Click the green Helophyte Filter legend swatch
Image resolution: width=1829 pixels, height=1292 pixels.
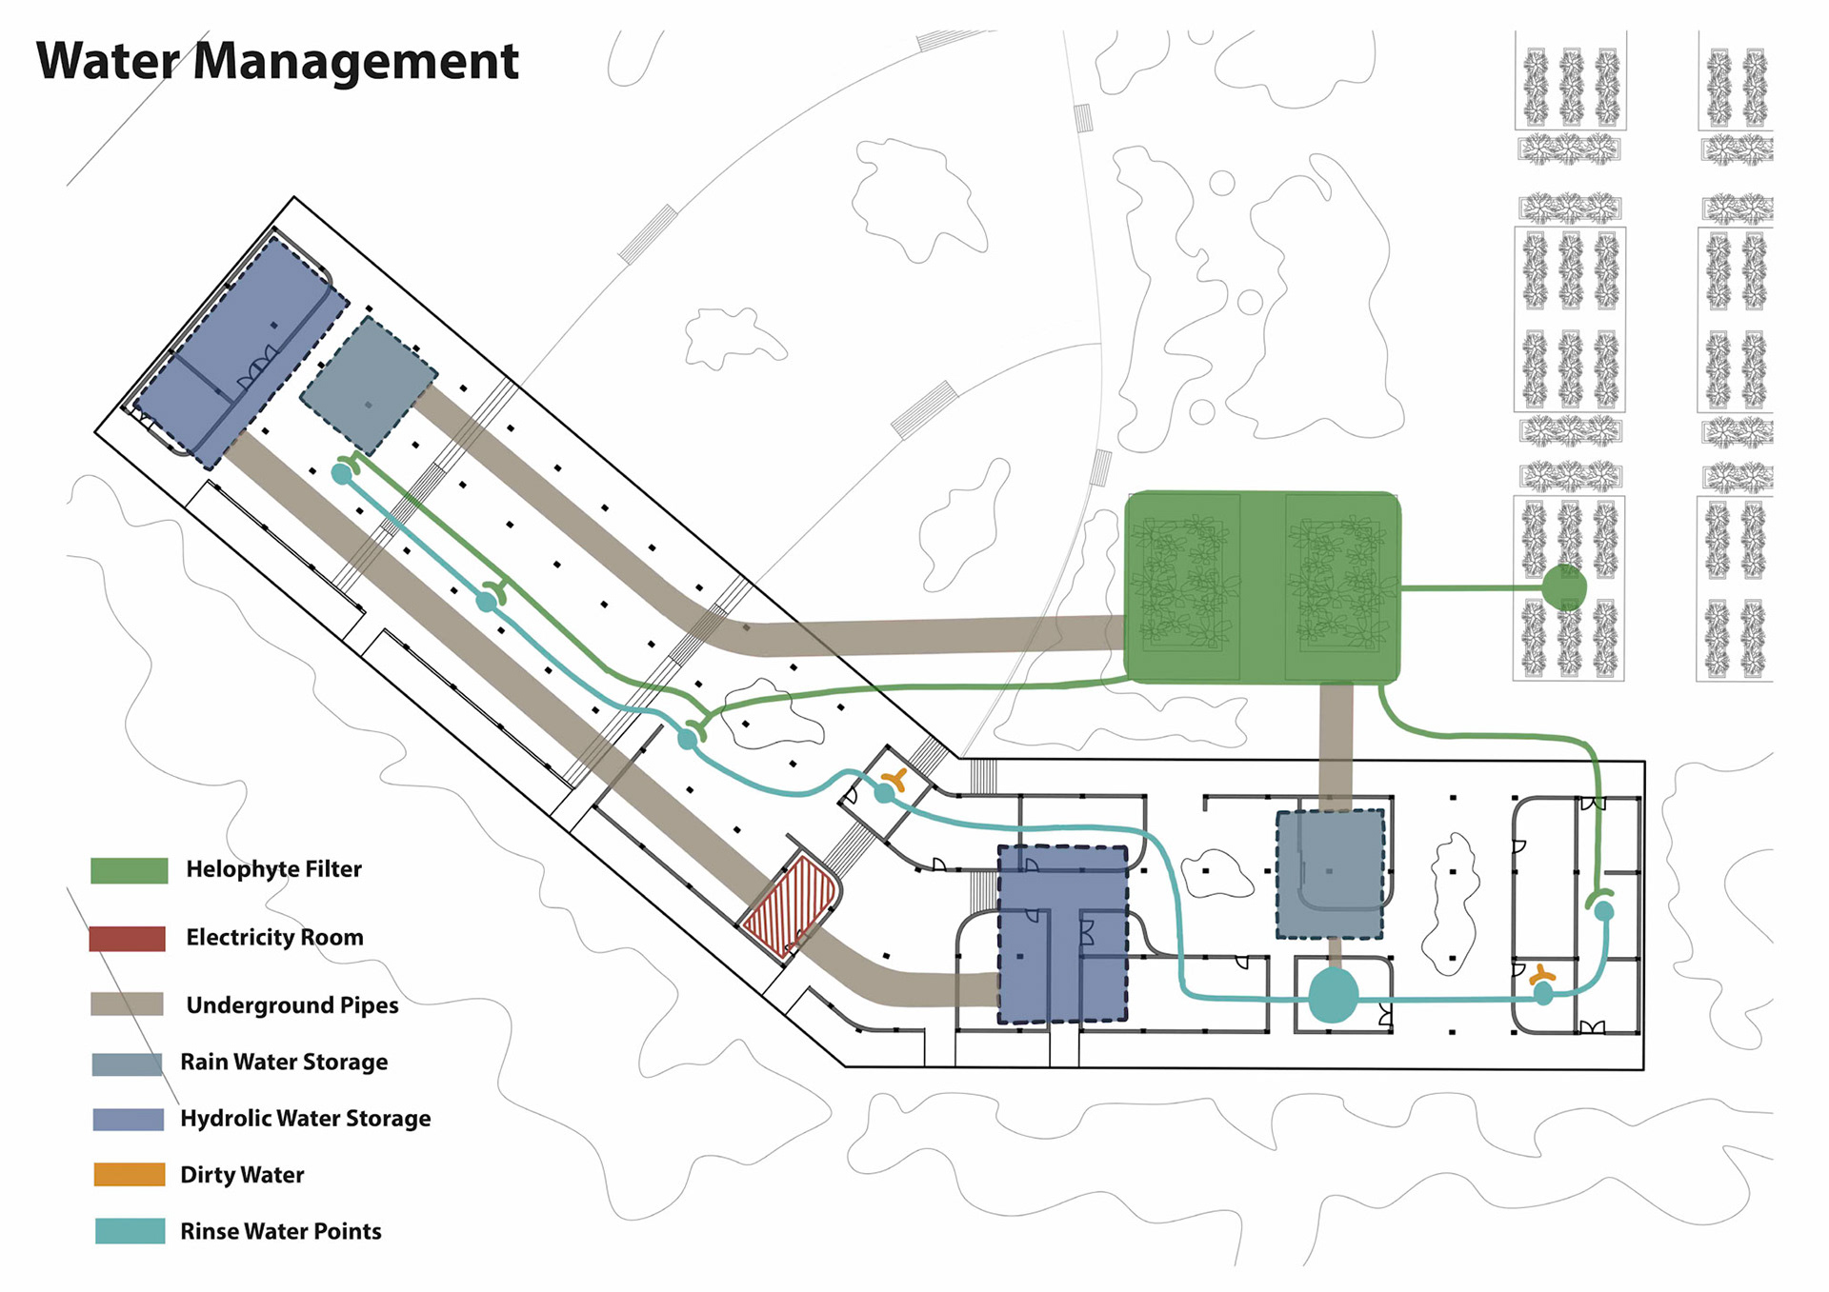pos(130,870)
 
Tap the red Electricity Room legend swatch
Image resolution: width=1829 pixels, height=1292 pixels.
pos(128,938)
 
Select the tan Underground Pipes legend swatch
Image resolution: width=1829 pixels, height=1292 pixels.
pos(127,1004)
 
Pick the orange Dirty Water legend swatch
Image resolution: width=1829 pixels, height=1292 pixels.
pos(130,1174)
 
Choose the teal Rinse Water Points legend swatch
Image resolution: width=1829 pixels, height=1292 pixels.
pos(130,1230)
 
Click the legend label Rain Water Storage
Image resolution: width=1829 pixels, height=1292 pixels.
pos(284,1062)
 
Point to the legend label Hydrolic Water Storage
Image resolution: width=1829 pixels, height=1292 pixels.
pos(305,1118)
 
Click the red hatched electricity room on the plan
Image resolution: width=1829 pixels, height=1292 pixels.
pos(790,905)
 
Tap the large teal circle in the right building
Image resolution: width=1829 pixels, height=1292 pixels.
pos(1333,996)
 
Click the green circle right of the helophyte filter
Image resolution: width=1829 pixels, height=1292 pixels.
pos(1563,587)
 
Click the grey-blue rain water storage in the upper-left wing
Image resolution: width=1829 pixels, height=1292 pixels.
pos(369,385)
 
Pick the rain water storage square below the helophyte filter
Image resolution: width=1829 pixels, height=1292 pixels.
pos(1330,873)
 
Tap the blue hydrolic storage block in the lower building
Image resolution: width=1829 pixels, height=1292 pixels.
pos(1062,934)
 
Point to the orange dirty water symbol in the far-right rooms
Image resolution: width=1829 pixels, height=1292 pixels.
pos(1541,975)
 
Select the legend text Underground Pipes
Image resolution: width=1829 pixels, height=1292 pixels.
pos(291,1005)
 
